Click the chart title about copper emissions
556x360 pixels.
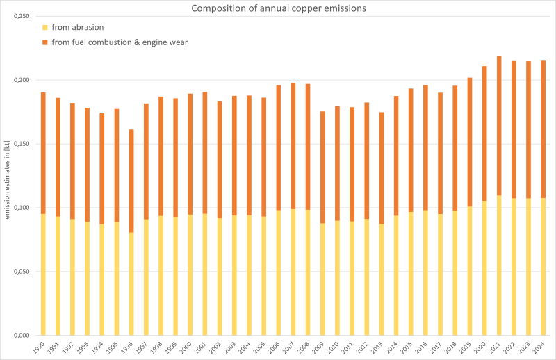(278, 8)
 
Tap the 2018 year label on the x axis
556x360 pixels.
(452, 345)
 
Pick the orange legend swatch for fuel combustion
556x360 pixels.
(45, 42)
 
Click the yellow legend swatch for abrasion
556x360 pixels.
(45, 28)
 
